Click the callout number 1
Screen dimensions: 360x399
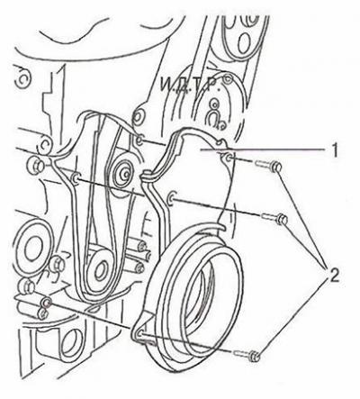pos(335,150)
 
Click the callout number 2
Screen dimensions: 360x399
pos(331,276)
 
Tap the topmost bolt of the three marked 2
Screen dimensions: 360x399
pos(268,166)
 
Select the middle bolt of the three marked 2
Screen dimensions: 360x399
pos(275,218)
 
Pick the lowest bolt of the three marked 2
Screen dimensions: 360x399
pos(247,356)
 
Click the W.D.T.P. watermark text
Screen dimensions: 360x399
pos(188,85)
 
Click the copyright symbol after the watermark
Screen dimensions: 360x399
pos(229,79)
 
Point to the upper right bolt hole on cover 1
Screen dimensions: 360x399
pos(229,157)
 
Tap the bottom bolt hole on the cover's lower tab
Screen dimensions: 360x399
pos(139,334)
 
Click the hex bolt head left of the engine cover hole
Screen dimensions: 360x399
pos(35,165)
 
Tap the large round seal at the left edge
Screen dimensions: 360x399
pos(30,248)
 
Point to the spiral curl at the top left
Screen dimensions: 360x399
pos(22,77)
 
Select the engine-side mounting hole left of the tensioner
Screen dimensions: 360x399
pos(75,178)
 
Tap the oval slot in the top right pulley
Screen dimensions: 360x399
pos(244,42)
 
